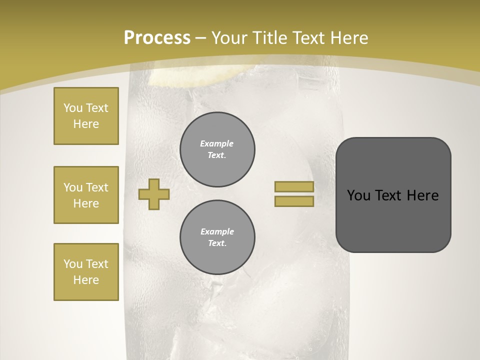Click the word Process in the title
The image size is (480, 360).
point(157,38)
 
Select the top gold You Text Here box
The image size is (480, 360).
point(86,116)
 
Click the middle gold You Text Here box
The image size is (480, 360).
point(86,195)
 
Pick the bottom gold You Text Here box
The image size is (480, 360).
point(86,272)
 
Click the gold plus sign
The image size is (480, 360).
point(154,194)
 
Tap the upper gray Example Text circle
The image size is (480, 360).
point(217,149)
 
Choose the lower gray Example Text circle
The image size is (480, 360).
point(217,237)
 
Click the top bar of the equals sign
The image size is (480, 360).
point(294,186)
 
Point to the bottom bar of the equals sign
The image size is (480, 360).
point(294,201)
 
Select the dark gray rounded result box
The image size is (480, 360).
point(393,195)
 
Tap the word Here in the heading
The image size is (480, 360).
point(348,38)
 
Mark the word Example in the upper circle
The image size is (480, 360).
point(217,143)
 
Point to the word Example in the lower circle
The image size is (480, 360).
point(217,231)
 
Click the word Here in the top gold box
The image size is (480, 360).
point(86,124)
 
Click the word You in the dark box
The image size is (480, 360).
point(358,195)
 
